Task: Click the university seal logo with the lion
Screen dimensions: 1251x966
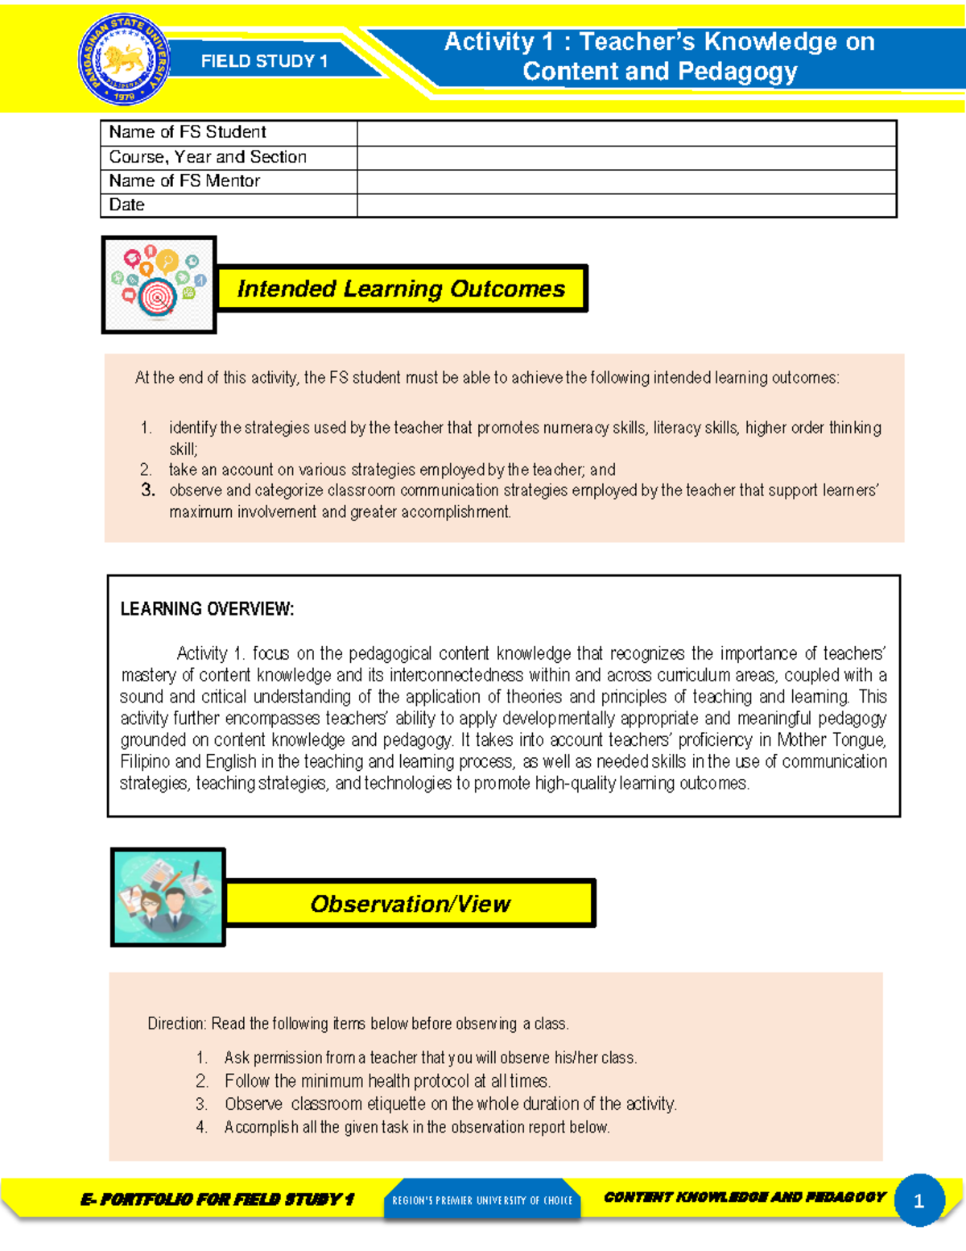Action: click(124, 61)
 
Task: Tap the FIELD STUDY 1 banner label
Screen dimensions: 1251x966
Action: click(264, 61)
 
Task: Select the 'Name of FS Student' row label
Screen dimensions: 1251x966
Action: click(188, 132)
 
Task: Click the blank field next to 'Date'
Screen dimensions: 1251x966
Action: click(626, 205)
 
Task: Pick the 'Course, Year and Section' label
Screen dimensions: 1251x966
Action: click(208, 157)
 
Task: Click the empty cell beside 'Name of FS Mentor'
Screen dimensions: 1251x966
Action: click(626, 181)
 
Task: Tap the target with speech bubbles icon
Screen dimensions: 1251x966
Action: click(159, 284)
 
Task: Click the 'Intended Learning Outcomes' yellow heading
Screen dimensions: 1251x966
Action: click(401, 288)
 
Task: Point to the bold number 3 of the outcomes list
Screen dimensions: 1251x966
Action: click(147, 490)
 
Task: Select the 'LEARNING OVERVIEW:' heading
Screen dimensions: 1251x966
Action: click(207, 609)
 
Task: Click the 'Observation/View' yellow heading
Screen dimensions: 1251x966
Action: click(410, 904)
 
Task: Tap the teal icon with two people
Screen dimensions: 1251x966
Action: click(167, 897)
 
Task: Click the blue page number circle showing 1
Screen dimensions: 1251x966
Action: click(919, 1201)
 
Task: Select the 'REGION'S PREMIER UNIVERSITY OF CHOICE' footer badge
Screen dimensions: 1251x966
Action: click(481, 1200)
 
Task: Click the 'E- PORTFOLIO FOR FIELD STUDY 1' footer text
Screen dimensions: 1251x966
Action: click(217, 1199)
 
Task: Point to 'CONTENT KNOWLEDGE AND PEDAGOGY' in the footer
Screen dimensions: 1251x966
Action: click(745, 1197)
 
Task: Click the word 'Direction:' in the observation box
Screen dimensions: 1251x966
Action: click(177, 1024)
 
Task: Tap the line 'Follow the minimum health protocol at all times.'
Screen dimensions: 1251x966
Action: click(387, 1081)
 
